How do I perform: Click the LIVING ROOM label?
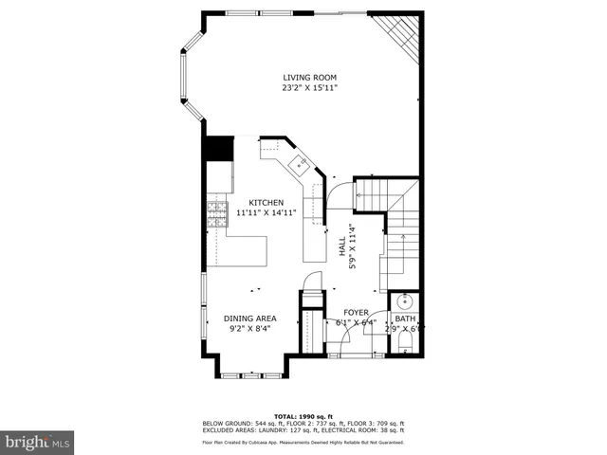(309, 78)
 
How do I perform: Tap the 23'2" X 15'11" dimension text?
(309, 88)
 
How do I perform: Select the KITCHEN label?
(266, 203)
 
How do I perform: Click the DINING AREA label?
(249, 318)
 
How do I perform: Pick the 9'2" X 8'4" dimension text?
(249, 329)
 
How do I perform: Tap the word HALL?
(342, 246)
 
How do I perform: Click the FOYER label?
(356, 311)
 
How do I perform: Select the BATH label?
(405, 319)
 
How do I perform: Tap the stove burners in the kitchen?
(218, 209)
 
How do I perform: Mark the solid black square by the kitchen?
(219, 149)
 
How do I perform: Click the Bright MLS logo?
(38, 441)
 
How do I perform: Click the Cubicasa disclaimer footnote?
(303, 442)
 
